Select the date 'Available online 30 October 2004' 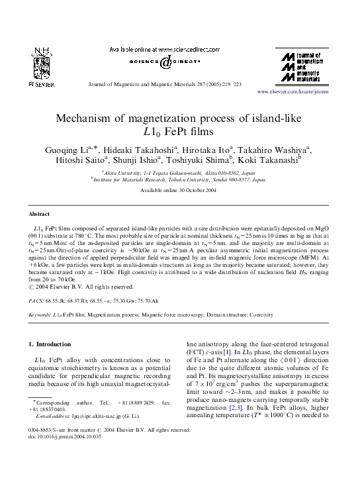click(179, 191)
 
